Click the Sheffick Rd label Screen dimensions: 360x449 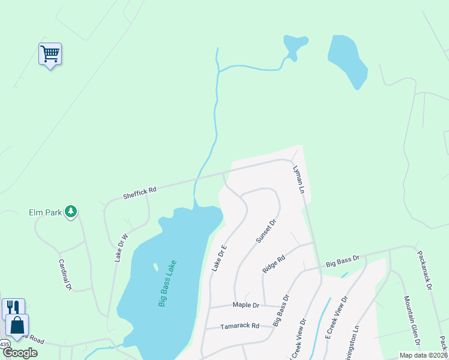pyautogui.click(x=140, y=192)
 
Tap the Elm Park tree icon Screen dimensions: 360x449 pyautogui.click(x=71, y=211)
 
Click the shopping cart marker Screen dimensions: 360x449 pyautogui.click(x=50, y=54)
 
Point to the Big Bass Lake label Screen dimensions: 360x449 pyautogui.click(x=167, y=283)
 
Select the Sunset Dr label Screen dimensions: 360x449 pyautogui.click(x=266, y=230)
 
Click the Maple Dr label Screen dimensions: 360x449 pyautogui.click(x=246, y=305)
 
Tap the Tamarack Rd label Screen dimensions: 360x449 pyautogui.click(x=239, y=326)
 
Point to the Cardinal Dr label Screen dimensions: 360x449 pyautogui.click(x=65, y=274)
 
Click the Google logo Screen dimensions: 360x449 pyautogui.click(x=20, y=353)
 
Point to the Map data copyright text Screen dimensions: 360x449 pyautogui.click(x=423, y=355)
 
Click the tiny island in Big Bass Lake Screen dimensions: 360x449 pyautogui.click(x=155, y=267)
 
